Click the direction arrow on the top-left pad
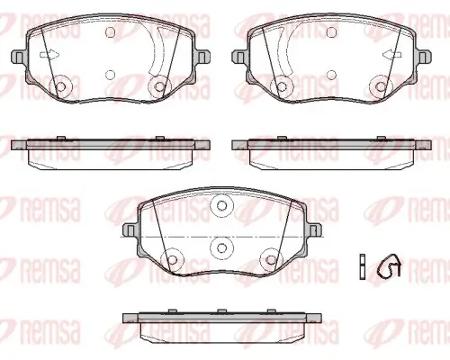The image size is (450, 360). point(49,55)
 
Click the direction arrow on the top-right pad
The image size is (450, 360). point(392,55)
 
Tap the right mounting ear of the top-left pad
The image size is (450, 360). point(202,57)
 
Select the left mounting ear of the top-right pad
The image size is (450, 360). point(240,57)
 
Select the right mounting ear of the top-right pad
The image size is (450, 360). point(424,57)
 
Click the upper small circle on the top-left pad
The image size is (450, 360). point(111,31)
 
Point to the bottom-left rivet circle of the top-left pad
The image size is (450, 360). point(61,86)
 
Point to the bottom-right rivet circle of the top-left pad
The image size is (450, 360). point(159,86)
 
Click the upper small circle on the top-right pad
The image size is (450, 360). point(331,31)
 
